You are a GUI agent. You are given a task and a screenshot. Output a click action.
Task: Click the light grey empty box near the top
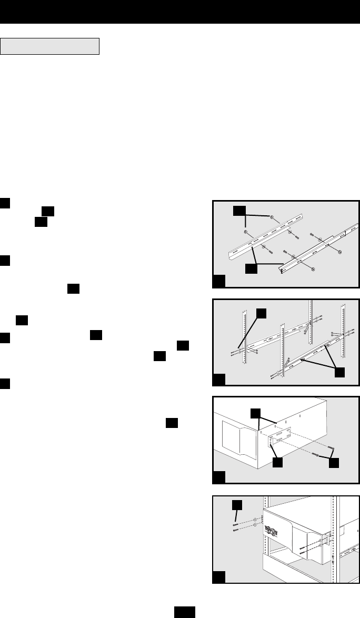tap(51, 46)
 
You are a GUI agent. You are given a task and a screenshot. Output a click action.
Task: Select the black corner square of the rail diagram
tap(218, 282)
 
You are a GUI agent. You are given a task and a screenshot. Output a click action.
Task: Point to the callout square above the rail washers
tap(239, 211)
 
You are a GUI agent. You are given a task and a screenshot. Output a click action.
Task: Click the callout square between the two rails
tap(252, 268)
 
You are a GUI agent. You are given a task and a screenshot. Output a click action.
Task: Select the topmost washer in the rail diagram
tap(272, 217)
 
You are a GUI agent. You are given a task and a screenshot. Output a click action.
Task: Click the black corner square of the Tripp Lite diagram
tap(218, 577)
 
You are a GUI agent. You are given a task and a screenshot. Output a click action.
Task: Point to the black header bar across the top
tap(180, 11)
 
